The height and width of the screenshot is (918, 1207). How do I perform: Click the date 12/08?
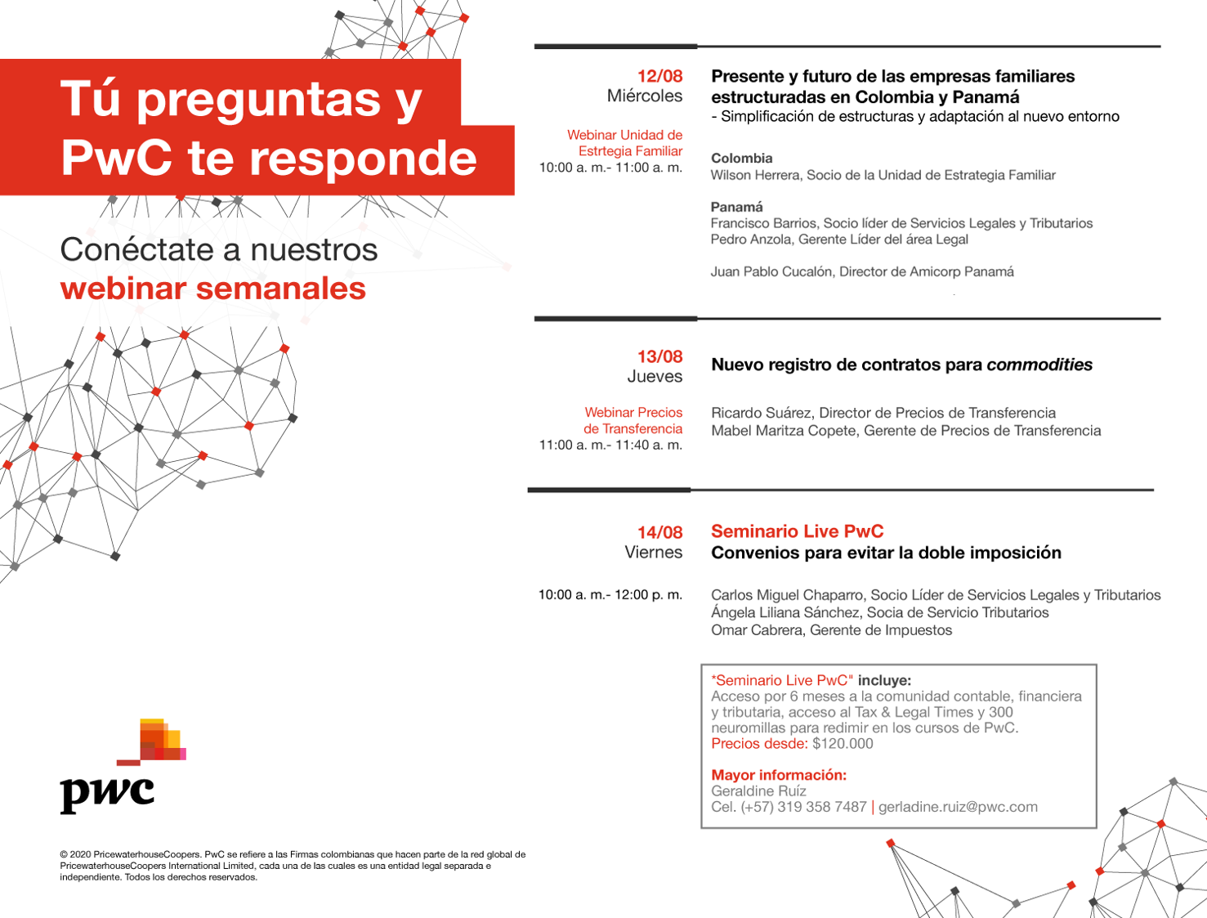pyautogui.click(x=659, y=76)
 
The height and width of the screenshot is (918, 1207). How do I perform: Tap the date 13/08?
pyautogui.click(x=659, y=356)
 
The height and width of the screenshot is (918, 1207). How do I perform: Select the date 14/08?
pyautogui.click(x=659, y=532)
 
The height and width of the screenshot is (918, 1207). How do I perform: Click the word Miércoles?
pyautogui.click(x=644, y=96)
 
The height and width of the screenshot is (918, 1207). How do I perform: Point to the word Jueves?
pyautogui.click(x=655, y=376)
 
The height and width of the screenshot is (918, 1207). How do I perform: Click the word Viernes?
pyautogui.click(x=653, y=552)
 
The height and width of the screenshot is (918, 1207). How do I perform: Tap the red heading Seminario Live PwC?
pyautogui.click(x=797, y=531)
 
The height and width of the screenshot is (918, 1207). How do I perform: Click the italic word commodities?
pyautogui.click(x=1039, y=365)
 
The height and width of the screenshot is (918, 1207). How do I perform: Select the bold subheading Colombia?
pyautogui.click(x=741, y=158)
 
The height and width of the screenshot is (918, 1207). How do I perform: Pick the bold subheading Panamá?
pyautogui.click(x=736, y=207)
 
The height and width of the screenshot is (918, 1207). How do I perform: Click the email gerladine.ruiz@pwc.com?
pyautogui.click(x=958, y=807)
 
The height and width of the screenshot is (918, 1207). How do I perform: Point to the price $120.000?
pyautogui.click(x=843, y=744)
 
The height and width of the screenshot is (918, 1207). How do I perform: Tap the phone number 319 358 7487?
pyautogui.click(x=822, y=807)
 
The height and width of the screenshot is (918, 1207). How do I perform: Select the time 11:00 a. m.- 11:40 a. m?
pyautogui.click(x=610, y=445)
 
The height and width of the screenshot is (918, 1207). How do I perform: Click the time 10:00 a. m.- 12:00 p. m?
pyautogui.click(x=610, y=594)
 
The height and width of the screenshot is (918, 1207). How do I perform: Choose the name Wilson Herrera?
pyautogui.click(x=755, y=175)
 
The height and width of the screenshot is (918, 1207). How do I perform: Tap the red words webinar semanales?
pyautogui.click(x=213, y=288)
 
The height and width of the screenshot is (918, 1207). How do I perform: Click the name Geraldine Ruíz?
pyautogui.click(x=758, y=790)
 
